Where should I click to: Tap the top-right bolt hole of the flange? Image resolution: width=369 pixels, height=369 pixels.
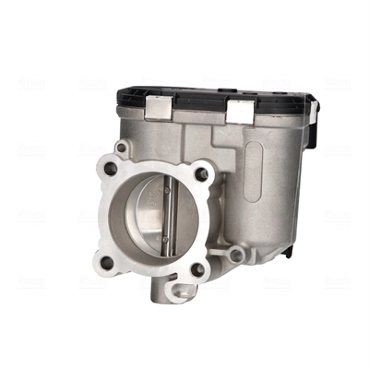coord(197,173)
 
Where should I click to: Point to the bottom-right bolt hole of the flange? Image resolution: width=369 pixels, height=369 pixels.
coord(196,269)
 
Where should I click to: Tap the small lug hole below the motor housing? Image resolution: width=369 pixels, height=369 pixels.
coord(237,254)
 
